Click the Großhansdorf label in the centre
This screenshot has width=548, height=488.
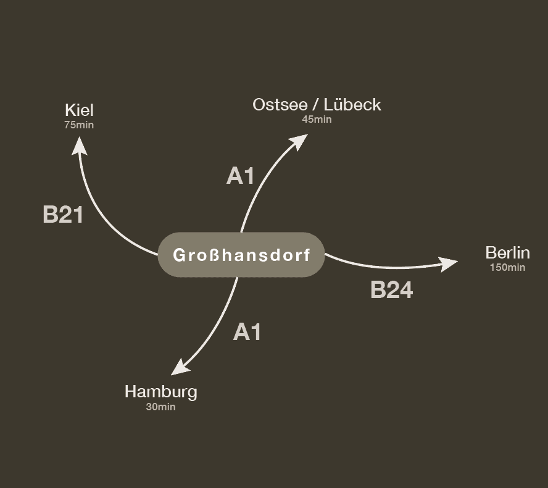click(x=241, y=255)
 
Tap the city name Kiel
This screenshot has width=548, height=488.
click(x=79, y=110)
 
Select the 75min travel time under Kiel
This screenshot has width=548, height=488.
click(x=79, y=125)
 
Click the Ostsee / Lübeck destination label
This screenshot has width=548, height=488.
click(x=317, y=105)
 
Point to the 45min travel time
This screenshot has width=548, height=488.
click(x=317, y=119)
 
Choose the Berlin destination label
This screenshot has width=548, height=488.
click(x=507, y=253)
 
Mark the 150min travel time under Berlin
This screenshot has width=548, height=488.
click(x=507, y=267)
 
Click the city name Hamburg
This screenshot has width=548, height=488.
click(x=160, y=392)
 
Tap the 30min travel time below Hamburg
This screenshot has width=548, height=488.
click(x=160, y=407)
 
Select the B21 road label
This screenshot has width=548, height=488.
click(x=63, y=215)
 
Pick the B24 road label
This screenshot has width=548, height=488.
click(x=391, y=290)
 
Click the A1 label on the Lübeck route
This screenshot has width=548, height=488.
click(x=241, y=176)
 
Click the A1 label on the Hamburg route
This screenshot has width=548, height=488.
click(x=247, y=333)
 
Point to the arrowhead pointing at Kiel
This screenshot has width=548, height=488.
click(x=79, y=146)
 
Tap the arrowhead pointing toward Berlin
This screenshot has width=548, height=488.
click(x=448, y=264)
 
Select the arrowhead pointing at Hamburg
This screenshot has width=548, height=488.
click(x=180, y=368)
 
